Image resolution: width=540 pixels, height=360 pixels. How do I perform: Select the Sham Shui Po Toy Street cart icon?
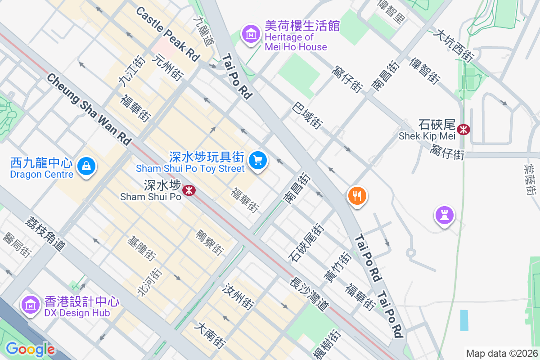point(258,160)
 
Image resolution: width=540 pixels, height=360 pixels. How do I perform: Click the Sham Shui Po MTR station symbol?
point(189,190)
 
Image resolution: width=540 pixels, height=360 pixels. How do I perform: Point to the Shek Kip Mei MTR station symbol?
point(463,130)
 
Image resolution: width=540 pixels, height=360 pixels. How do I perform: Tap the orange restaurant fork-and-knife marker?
point(357,196)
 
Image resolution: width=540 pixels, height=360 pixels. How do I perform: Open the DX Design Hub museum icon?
point(30,305)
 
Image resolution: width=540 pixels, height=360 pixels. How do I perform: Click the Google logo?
point(30,349)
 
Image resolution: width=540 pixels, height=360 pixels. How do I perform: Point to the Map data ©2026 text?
point(501,353)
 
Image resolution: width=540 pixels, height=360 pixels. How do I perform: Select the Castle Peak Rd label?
point(167,34)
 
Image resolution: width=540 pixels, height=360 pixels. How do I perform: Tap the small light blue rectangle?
point(464,320)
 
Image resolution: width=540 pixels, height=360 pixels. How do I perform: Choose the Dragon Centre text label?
point(41,174)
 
